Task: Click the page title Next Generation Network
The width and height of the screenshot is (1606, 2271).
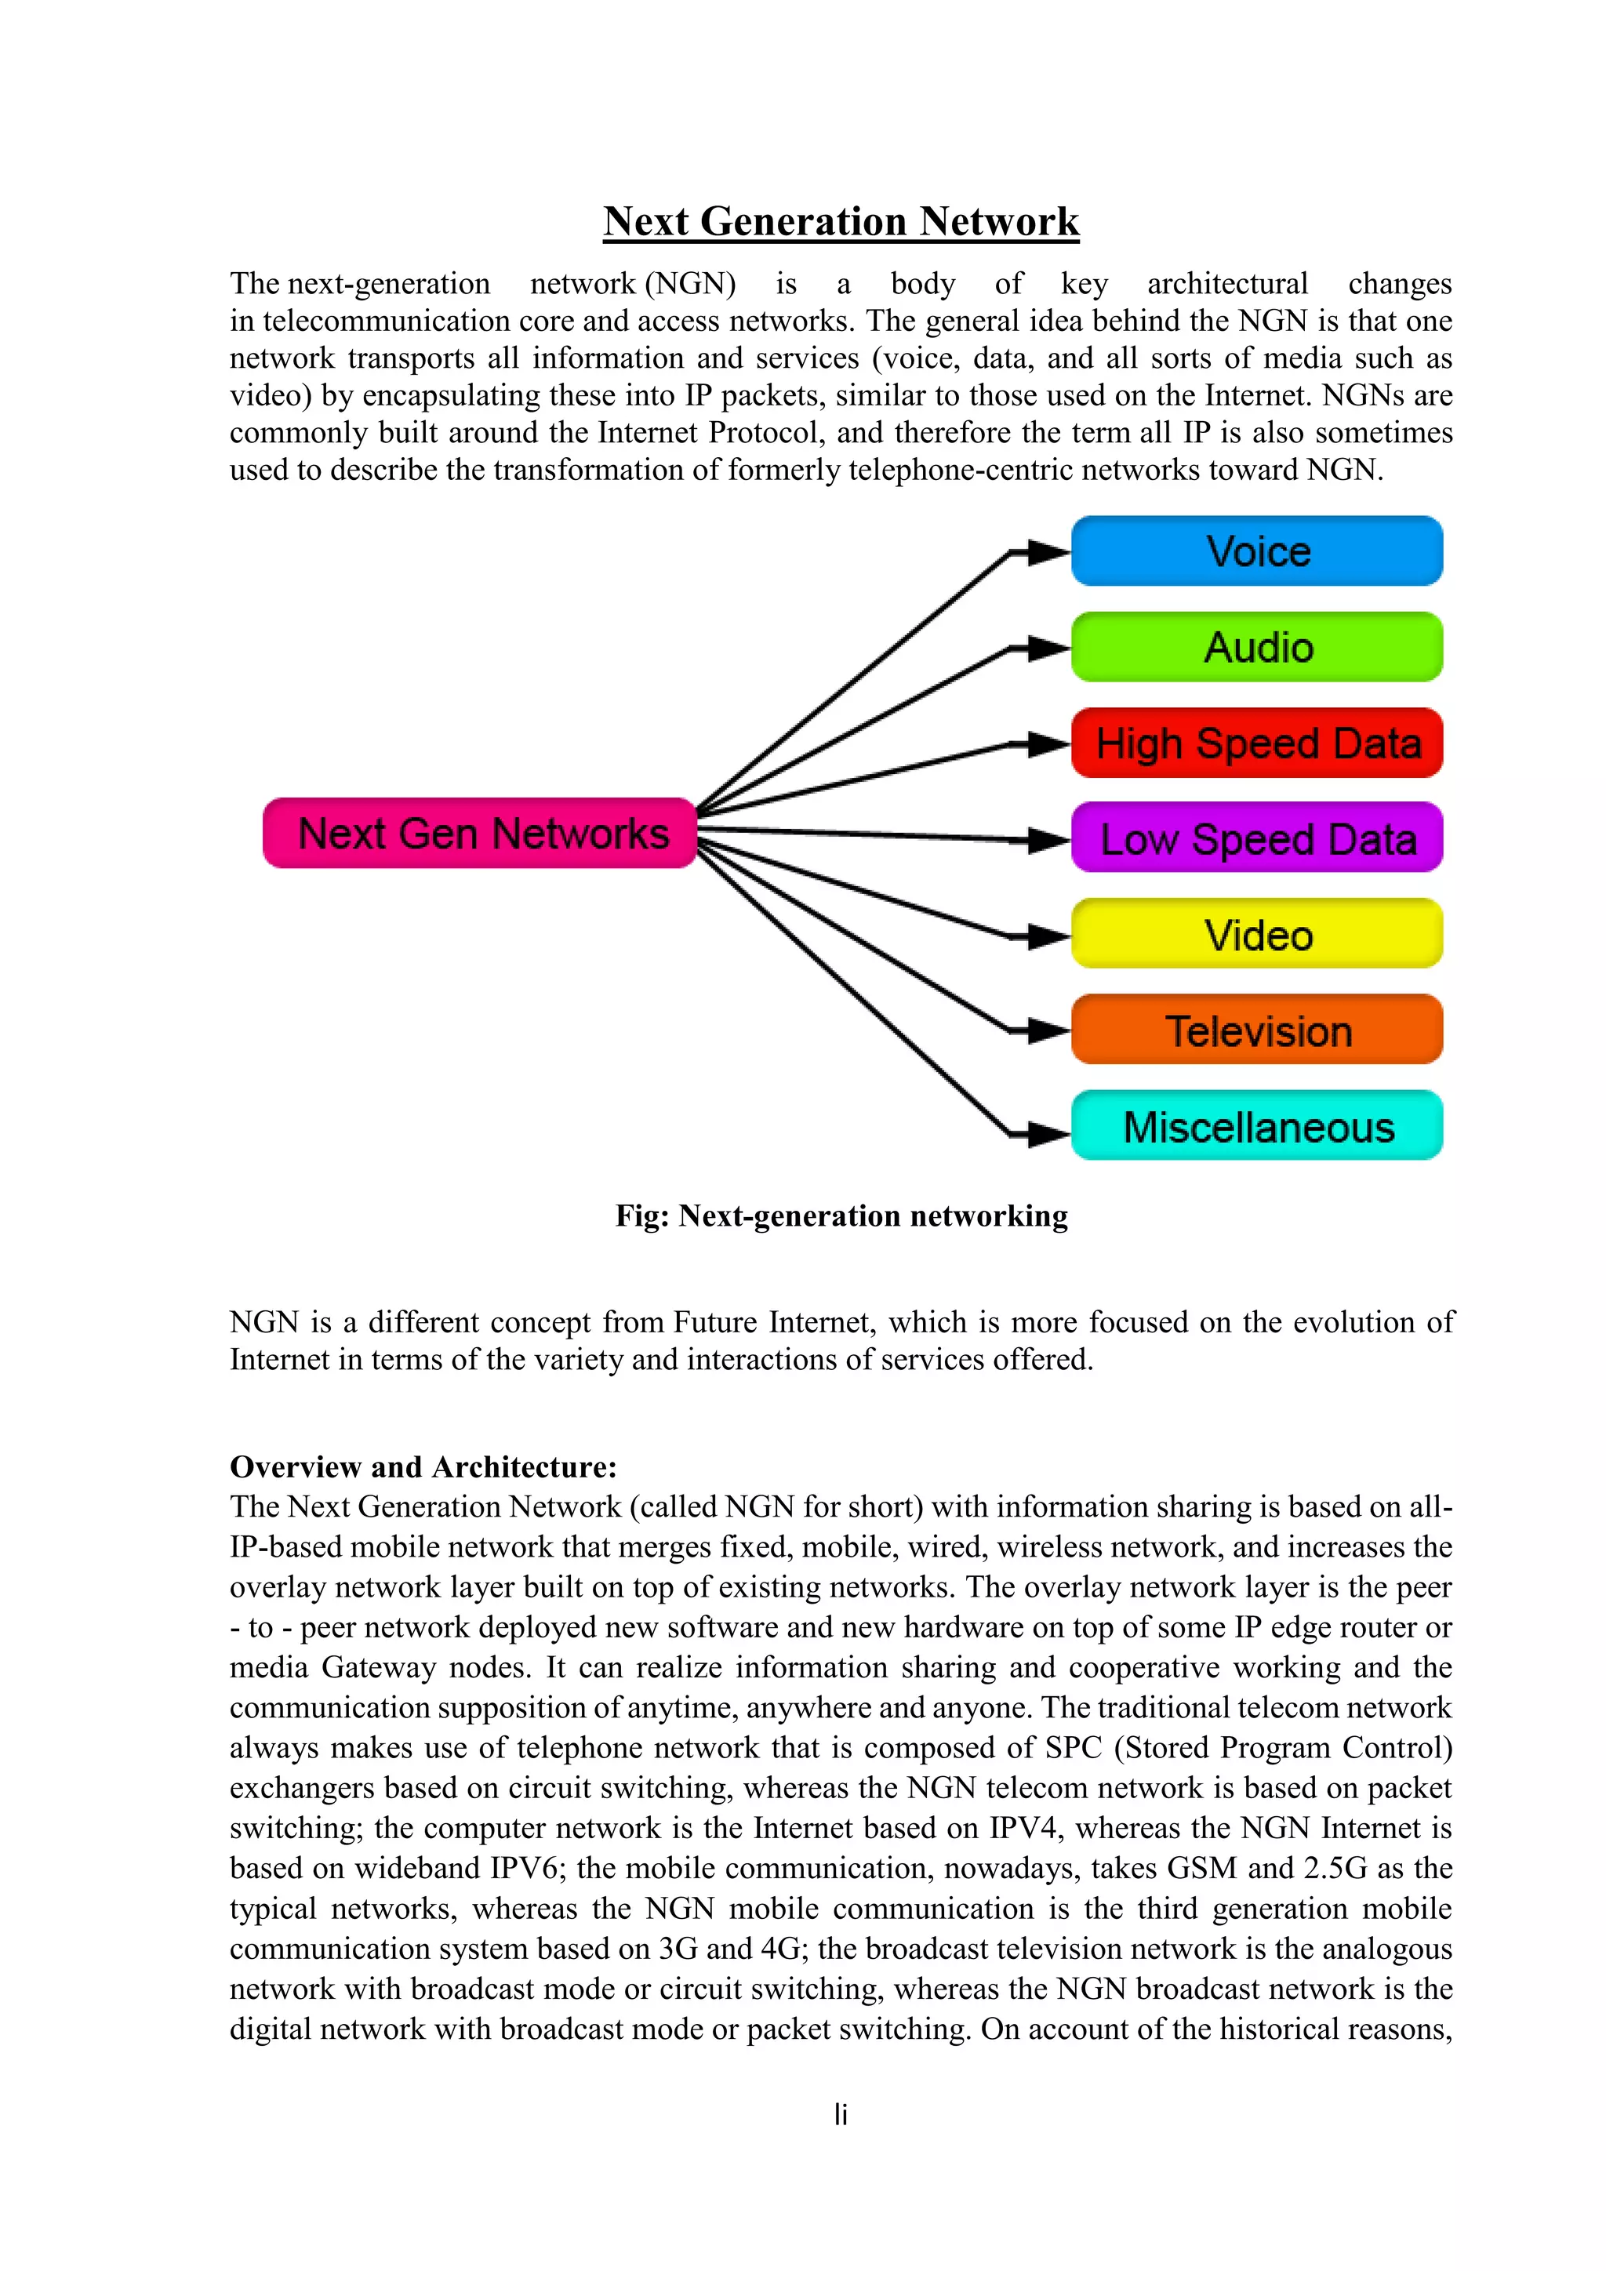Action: tap(841, 220)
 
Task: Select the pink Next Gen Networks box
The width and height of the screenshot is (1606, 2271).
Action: tap(481, 833)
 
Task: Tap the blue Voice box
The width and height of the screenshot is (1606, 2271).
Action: tap(1257, 551)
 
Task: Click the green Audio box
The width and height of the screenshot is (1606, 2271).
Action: tap(1257, 647)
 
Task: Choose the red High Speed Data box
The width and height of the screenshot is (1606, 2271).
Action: tap(1257, 743)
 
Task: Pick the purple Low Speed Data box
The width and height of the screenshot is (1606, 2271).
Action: tap(1257, 838)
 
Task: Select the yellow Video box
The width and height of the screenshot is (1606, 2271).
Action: tap(1257, 934)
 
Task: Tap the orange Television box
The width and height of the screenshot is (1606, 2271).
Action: tap(1257, 1030)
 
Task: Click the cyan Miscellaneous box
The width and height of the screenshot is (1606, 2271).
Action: tap(1257, 1125)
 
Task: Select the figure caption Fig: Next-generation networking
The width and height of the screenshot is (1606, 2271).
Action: tap(841, 1215)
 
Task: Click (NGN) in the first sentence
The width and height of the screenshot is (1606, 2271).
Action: tap(690, 284)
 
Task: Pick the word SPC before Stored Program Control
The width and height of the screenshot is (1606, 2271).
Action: tap(1073, 1748)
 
